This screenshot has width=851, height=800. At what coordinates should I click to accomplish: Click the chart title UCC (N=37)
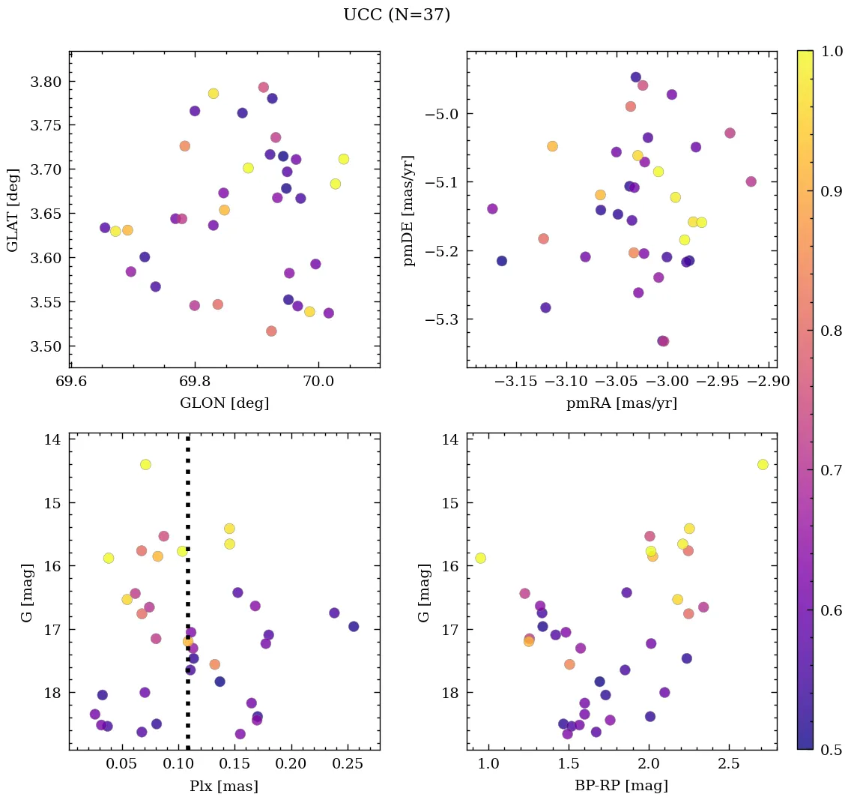396,15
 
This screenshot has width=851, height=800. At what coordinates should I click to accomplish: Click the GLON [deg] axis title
224,403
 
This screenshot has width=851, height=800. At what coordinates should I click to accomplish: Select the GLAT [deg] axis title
12,209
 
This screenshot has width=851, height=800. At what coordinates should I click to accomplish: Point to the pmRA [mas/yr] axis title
621,403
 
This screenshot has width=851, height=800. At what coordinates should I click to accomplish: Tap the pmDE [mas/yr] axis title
408,210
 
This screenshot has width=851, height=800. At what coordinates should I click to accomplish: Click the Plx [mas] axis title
224,786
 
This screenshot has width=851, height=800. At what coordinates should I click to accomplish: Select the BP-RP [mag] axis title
621,786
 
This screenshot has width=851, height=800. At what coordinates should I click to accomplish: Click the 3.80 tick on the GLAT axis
44,81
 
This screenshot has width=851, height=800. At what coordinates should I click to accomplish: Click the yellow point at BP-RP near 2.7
763,465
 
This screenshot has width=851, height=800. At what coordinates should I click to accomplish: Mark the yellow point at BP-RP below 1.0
480,558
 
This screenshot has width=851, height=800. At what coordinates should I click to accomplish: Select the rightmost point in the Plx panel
354,627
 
